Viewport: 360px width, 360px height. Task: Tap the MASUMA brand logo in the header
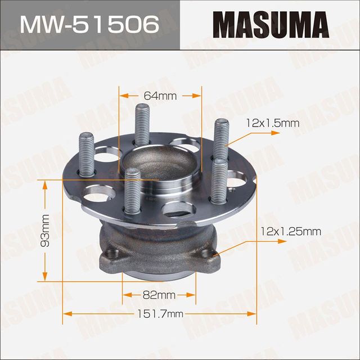(x=270, y=25)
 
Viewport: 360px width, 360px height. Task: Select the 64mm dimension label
(x=160, y=96)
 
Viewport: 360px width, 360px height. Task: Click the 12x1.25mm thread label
(x=291, y=231)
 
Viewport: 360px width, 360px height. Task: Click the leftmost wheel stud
(x=88, y=154)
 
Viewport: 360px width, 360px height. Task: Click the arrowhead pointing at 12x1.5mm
(x=276, y=132)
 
